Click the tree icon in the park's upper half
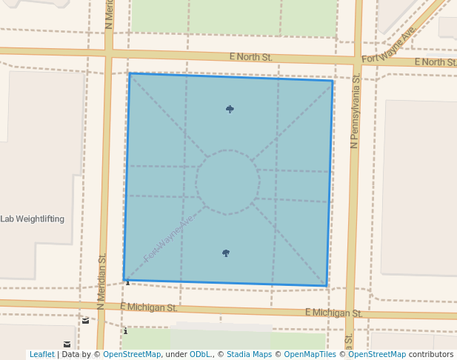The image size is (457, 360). pyautogui.click(x=230, y=110)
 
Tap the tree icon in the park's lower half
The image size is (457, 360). pyautogui.click(x=226, y=253)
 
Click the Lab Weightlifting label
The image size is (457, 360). pyautogui.click(x=33, y=219)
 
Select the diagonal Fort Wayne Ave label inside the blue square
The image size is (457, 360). pyautogui.click(x=169, y=238)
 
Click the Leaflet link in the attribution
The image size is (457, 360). pyautogui.click(x=41, y=354)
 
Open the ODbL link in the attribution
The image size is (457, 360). pyautogui.click(x=201, y=354)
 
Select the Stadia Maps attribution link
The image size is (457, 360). pyautogui.click(x=249, y=354)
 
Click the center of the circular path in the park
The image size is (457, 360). pyautogui.click(x=227, y=182)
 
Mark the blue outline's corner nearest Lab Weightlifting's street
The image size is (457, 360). pyautogui.click(x=124, y=281)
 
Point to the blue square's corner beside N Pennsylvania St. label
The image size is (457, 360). pyautogui.click(x=333, y=80)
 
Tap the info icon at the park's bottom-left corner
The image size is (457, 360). pyautogui.click(x=127, y=281)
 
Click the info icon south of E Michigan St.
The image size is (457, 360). pyautogui.click(x=125, y=331)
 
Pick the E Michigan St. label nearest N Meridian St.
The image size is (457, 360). pyautogui.click(x=148, y=307)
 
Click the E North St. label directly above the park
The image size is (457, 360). pyautogui.click(x=250, y=56)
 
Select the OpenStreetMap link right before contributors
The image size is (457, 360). pyautogui.click(x=377, y=354)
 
